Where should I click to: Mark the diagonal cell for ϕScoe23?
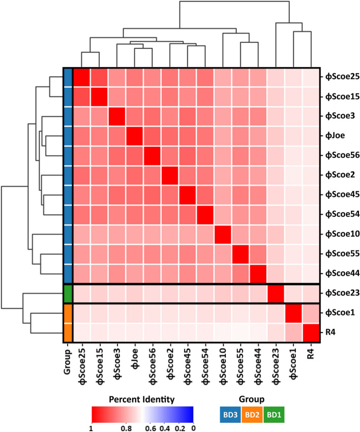click(x=276, y=294)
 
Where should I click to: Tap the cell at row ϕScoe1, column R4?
click(x=311, y=312)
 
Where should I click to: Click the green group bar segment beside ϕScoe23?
click(x=67, y=294)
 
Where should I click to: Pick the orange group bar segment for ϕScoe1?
click(x=67, y=312)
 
